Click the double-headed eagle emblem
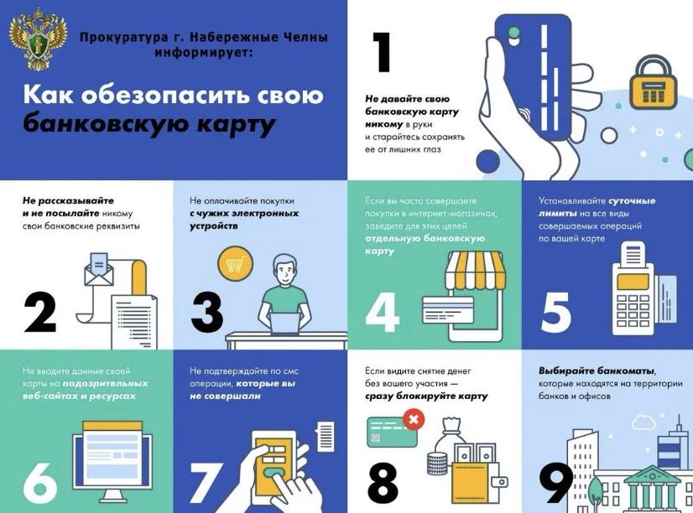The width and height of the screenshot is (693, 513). point(38,39)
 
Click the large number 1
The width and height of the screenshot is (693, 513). point(381,52)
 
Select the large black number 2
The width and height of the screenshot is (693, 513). point(40,313)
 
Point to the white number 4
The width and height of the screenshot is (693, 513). point(383,313)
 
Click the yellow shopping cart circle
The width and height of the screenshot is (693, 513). point(235,264)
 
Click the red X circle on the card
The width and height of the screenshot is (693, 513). point(414,419)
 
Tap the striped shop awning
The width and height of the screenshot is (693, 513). point(475,268)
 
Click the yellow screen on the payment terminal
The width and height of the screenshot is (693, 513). point(633,281)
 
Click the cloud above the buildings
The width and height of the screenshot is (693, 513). point(643,422)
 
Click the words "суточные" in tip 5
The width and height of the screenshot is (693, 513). point(632,201)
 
